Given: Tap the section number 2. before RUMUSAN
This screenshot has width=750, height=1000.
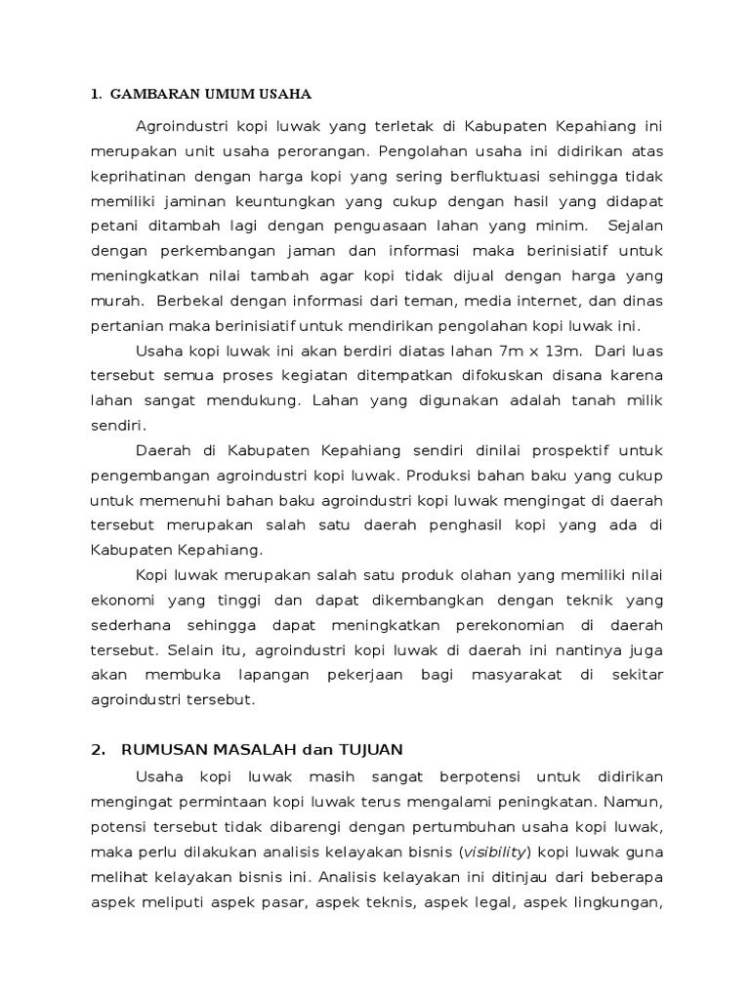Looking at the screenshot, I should [97, 750].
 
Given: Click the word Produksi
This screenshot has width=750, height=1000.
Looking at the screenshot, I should [438, 477].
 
